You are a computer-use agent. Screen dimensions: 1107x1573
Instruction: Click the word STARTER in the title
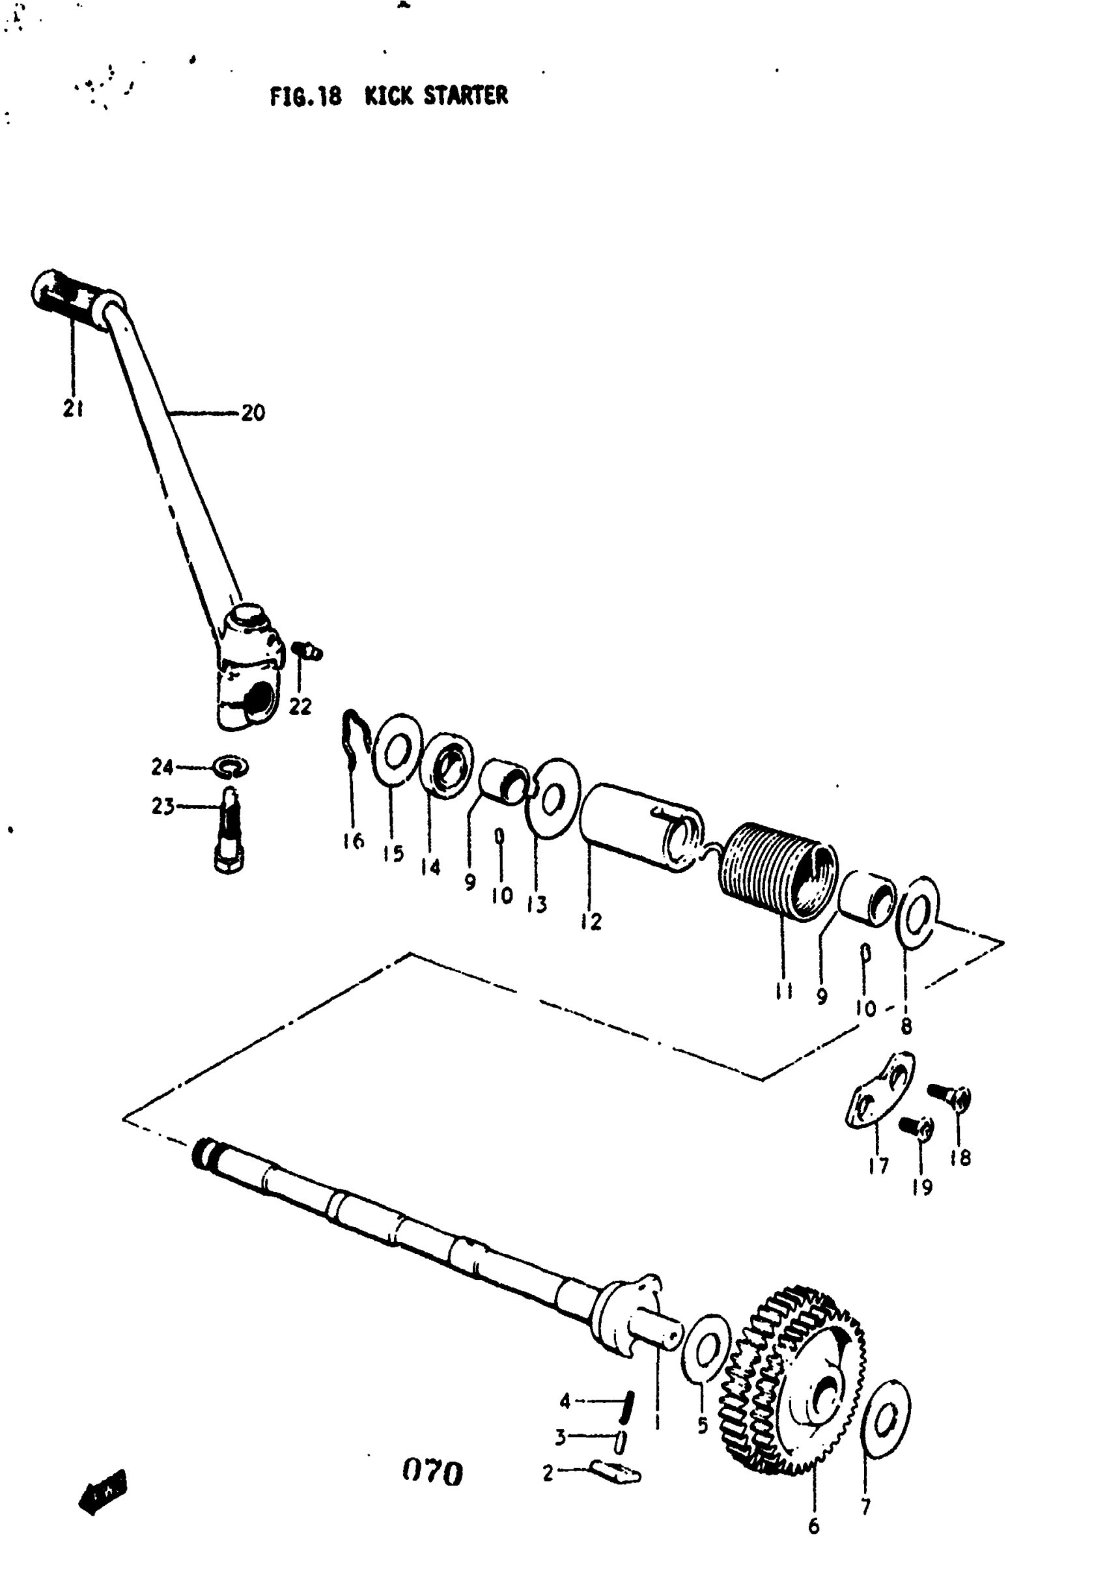466,96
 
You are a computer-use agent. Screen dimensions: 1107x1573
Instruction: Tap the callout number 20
253,413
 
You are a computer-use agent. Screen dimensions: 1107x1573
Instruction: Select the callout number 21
74,408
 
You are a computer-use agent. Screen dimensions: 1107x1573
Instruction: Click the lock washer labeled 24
232,767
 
